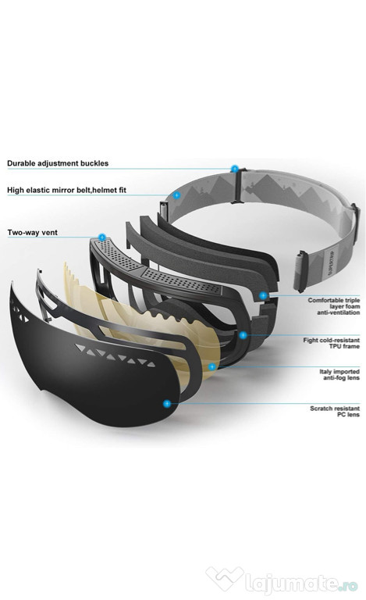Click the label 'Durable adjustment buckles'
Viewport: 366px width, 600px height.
coord(58,163)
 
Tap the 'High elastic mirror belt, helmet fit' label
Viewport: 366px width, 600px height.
coord(66,190)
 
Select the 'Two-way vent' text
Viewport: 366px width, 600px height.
coord(33,232)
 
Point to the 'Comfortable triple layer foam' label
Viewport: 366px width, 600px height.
coord(334,306)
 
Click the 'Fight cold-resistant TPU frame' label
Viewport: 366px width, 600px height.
coord(331,343)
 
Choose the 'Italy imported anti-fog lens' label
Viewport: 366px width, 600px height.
coord(339,375)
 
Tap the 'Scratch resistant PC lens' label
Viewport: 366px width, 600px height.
coord(335,412)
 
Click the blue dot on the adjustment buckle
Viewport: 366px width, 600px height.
coord(235,169)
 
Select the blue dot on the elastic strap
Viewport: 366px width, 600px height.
coord(176,195)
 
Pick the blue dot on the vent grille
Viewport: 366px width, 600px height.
coord(101,237)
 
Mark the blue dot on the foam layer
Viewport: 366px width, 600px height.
coord(263,295)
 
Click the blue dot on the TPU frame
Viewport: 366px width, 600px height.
coord(243,335)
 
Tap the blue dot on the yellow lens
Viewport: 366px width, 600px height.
coord(212,366)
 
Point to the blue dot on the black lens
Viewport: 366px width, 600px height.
coord(166,403)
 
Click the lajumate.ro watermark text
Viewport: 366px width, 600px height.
coord(301,583)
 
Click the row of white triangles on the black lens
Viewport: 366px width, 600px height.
coord(115,355)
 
